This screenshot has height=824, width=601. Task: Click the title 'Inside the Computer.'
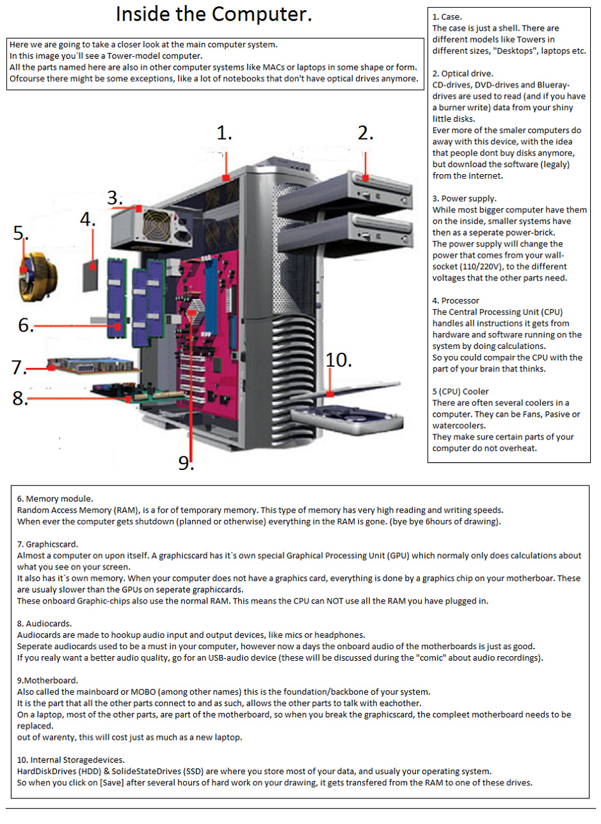[x=214, y=15]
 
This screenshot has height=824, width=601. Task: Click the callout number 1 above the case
[x=224, y=133]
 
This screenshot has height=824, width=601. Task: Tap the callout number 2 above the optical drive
[x=365, y=133]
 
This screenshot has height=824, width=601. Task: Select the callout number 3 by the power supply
[x=115, y=198]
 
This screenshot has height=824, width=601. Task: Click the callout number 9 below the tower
[x=186, y=462]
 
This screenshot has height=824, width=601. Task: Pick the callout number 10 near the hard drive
[x=339, y=360]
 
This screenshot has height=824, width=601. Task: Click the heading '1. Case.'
[x=447, y=17]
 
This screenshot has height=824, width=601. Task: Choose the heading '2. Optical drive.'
[x=463, y=74]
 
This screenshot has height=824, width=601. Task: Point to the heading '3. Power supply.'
[x=464, y=198]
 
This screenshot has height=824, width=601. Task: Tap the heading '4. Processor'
[x=456, y=300]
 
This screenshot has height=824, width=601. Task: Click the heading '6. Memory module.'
[x=55, y=498]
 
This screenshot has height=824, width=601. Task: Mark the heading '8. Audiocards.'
[x=48, y=624]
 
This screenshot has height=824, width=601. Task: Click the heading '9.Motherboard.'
[x=48, y=681]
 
